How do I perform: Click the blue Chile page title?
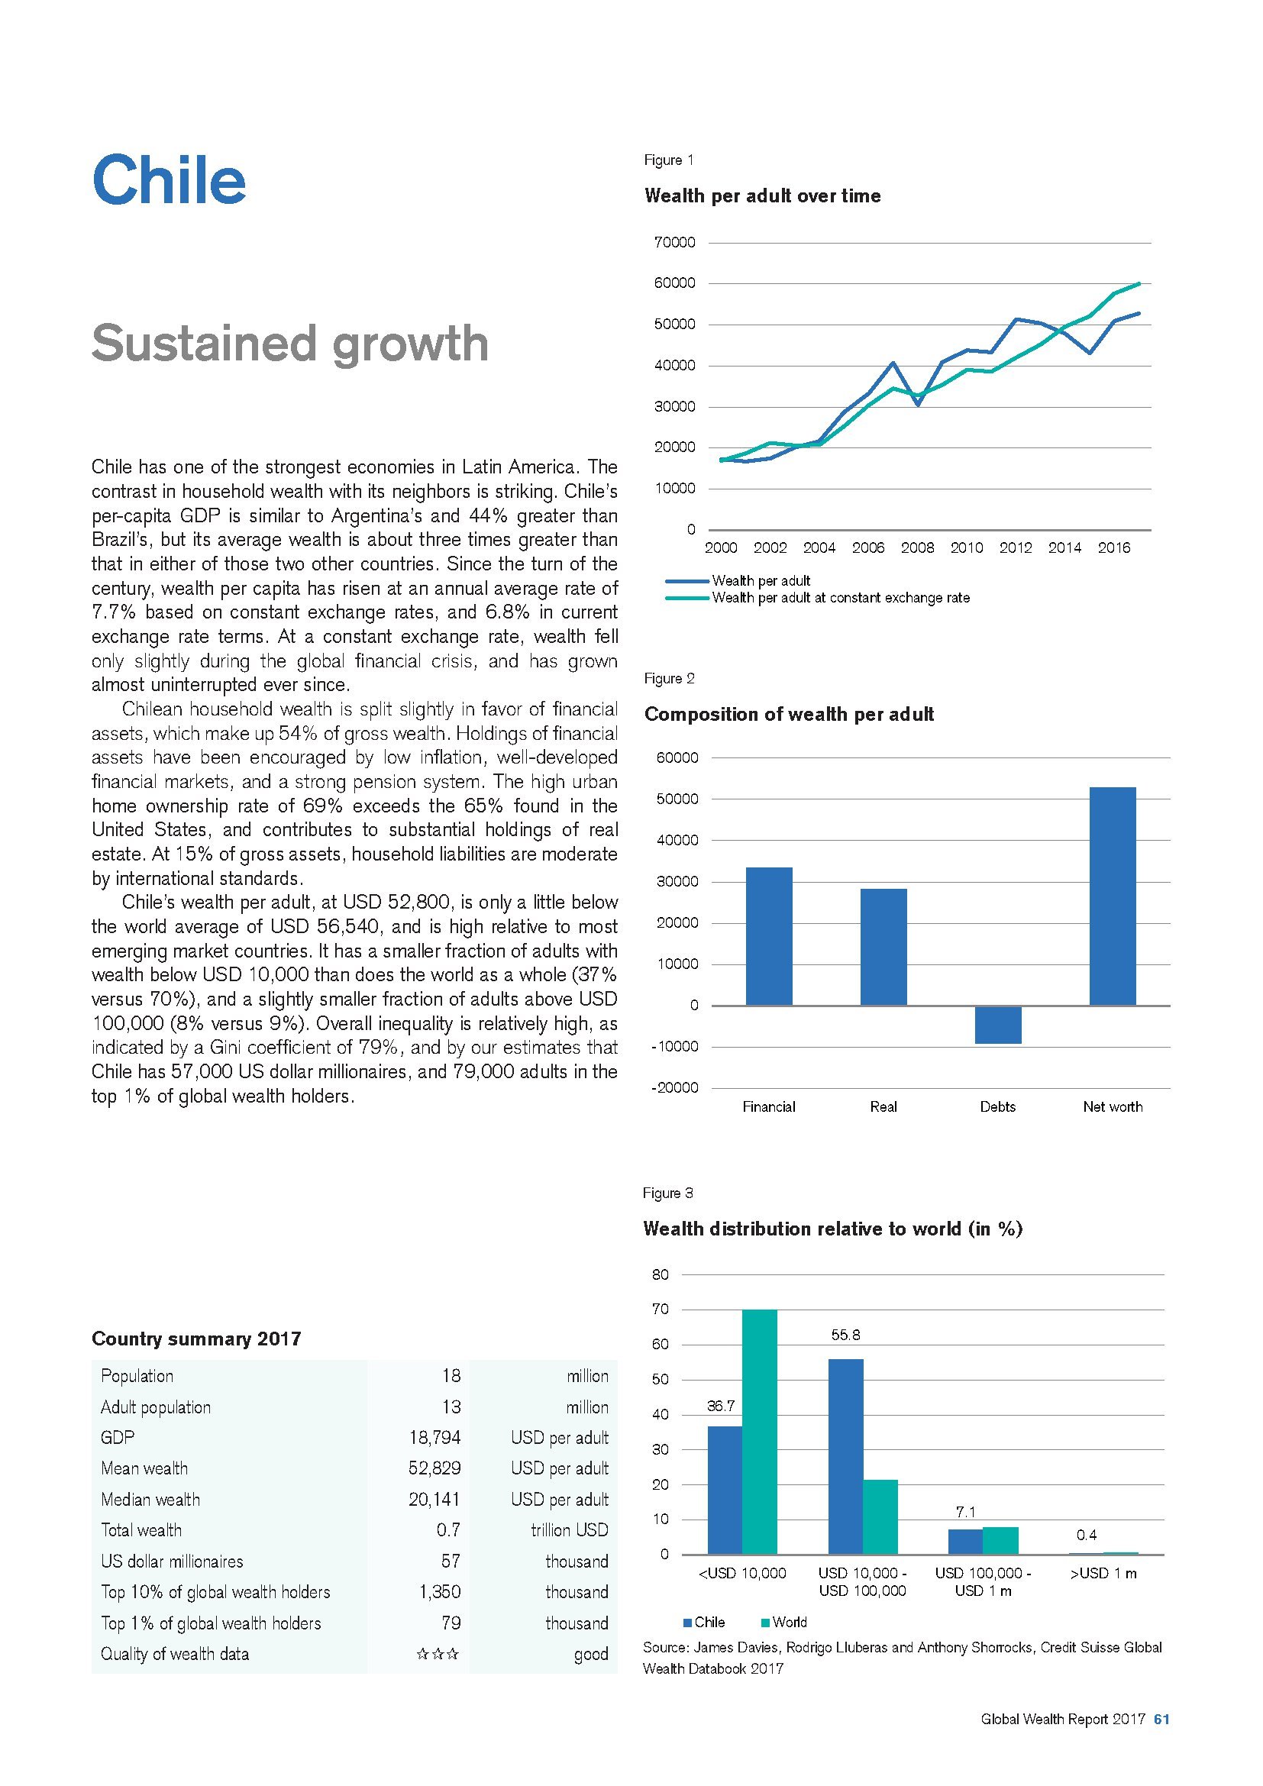click(169, 179)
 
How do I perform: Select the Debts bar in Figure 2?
click(998, 1025)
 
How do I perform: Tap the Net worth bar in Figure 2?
click(1112, 896)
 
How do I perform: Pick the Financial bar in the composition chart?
click(768, 936)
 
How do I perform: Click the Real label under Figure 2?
click(883, 1107)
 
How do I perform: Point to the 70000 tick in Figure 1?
click(676, 243)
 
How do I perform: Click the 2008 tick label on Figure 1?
click(917, 547)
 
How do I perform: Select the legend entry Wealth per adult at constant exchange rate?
click(840, 598)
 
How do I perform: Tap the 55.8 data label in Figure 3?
click(845, 1335)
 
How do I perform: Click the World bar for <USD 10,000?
click(759, 1431)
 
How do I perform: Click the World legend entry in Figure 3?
click(789, 1622)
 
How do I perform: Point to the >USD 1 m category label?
click(1103, 1574)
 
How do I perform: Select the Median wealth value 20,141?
click(434, 1499)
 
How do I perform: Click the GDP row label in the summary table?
click(118, 1438)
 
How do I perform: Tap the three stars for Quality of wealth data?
click(437, 1654)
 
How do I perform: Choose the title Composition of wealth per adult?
click(789, 714)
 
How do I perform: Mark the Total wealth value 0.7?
click(448, 1530)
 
